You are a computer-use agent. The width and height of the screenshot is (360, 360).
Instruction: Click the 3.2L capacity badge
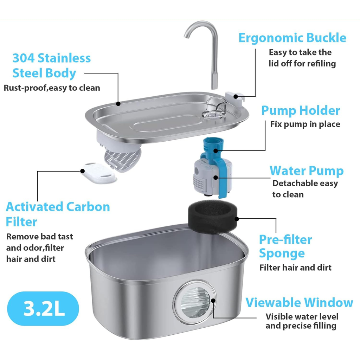coord(44,308)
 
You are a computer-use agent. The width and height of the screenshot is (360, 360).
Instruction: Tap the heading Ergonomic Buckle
coord(292,38)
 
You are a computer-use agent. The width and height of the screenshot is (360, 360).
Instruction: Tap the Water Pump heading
coord(306,171)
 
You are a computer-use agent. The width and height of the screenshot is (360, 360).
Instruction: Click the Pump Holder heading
coord(300,110)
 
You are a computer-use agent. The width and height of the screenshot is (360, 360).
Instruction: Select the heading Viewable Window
coord(299,302)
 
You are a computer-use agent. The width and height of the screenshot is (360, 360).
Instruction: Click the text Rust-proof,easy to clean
coord(52,88)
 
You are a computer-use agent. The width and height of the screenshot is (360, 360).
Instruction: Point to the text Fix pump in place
coord(305,124)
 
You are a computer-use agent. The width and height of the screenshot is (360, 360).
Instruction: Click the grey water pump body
coord(207,176)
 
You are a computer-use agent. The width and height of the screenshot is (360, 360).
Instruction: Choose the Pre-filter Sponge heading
coord(285,246)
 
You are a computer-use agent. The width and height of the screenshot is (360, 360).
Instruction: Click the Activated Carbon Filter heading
coord(58,214)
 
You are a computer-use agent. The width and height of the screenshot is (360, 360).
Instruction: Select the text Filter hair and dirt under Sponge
coord(295,268)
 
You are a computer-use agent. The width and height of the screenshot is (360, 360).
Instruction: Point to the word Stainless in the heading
coord(64,58)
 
